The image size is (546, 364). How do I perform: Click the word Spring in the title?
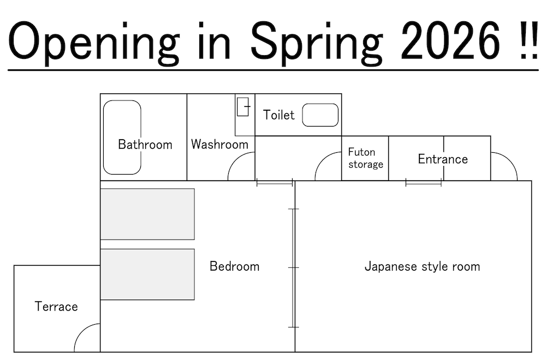click(316, 43)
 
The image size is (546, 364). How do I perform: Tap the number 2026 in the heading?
click(450, 40)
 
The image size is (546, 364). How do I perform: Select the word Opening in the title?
click(94, 43)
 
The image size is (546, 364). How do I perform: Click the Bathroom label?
click(145, 145)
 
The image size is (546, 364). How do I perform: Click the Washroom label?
click(219, 144)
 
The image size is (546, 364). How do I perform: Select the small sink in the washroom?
click(243, 106)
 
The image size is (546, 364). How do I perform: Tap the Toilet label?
click(278, 115)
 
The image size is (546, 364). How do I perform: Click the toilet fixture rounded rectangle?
click(321, 115)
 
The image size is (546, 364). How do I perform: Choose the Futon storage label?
click(365, 158)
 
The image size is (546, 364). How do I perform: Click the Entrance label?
click(443, 159)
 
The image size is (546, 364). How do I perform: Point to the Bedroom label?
click(234, 266)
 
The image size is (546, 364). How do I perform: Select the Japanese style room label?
click(422, 266)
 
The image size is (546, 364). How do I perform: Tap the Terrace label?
click(56, 306)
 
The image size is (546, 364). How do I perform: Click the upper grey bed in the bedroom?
click(147, 214)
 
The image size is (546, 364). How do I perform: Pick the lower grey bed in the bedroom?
click(147, 274)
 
